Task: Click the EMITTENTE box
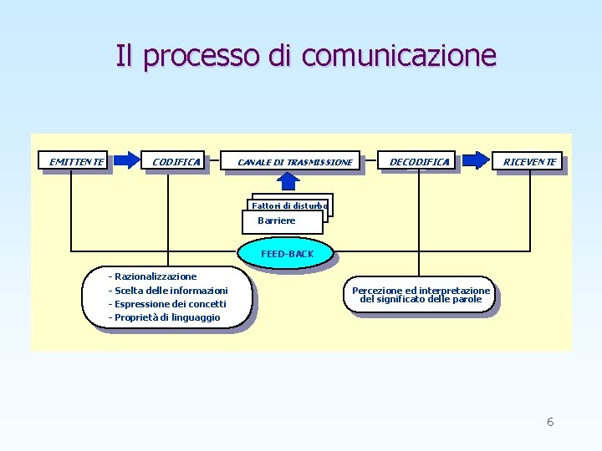pyautogui.click(x=76, y=161)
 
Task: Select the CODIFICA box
pyautogui.click(x=176, y=161)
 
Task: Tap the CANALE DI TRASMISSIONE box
pyautogui.click(x=295, y=161)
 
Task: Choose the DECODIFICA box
pyautogui.click(x=419, y=161)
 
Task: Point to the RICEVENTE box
pyautogui.click(x=529, y=161)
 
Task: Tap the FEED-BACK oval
pyautogui.click(x=287, y=254)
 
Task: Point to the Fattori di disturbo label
pyautogui.click(x=290, y=205)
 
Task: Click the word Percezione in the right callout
pyautogui.click(x=375, y=291)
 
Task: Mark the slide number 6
pyautogui.click(x=550, y=422)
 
